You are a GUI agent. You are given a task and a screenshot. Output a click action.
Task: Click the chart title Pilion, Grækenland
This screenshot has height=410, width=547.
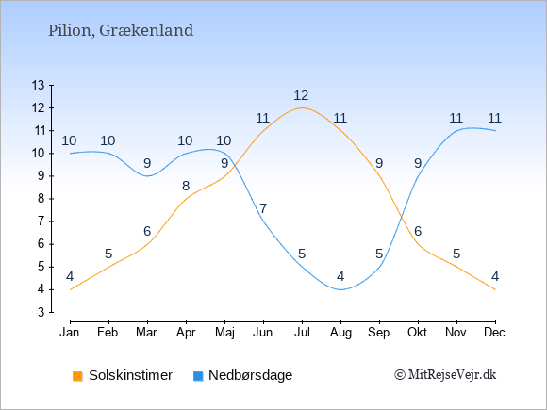coord(121,31)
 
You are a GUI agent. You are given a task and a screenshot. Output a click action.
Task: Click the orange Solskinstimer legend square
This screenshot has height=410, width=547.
coord(77,376)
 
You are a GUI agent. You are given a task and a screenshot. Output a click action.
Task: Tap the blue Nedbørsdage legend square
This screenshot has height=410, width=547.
coord(198,376)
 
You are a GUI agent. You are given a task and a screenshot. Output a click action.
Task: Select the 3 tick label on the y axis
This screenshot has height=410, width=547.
coord(41,312)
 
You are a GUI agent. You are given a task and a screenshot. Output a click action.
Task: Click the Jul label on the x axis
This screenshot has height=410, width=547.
coord(302,333)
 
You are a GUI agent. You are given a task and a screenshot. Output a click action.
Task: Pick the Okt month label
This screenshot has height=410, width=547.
coord(417,333)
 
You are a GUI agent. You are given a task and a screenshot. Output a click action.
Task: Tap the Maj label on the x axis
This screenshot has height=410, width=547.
coord(224,333)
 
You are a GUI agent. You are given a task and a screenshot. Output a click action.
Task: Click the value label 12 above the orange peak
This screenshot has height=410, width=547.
coord(301,95)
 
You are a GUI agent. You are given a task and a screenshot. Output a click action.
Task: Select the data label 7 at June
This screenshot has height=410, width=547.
coord(263,209)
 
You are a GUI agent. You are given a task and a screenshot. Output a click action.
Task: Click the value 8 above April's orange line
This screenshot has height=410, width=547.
coord(186,187)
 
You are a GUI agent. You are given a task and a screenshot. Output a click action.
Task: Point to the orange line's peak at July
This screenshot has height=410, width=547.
coord(302,107)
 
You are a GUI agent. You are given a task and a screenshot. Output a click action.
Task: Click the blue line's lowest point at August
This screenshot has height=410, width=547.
coord(340,289)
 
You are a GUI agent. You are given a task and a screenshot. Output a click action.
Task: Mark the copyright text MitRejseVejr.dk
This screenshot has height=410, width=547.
coord(445,375)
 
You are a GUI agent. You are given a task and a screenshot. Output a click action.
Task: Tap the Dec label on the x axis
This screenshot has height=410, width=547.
coord(494,333)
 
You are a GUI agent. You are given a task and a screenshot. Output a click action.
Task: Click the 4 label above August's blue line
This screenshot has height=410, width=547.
coord(340,277)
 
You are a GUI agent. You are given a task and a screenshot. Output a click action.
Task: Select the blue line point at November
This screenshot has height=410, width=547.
coord(456,130)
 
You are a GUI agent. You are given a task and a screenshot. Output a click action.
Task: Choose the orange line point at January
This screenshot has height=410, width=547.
coord(71,289)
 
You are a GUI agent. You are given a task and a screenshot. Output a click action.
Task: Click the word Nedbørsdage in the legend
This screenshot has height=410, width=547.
coord(251,376)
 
